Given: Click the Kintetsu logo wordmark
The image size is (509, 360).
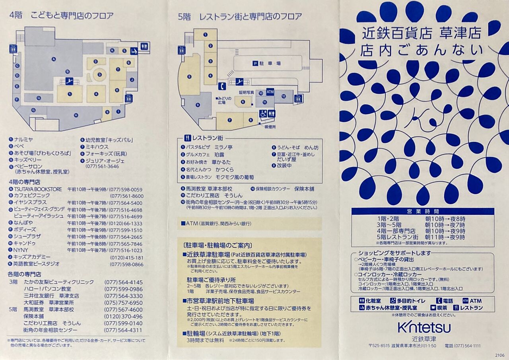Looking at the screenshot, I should coord(424,327).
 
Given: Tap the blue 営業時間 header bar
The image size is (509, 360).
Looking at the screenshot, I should coord(423,211).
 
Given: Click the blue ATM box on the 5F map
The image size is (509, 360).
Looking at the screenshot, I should coord(270,91).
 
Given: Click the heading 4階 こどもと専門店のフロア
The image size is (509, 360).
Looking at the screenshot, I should coord(61,16).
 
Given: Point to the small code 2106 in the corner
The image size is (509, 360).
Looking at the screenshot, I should coord(500,355).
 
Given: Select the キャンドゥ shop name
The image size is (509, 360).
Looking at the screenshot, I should coord(25,243).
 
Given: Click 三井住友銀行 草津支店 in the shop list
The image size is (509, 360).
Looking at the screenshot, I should coord(51,296).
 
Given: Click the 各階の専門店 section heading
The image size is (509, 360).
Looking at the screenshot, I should coord(24,274).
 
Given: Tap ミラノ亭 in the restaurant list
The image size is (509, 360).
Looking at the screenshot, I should coord(223,147).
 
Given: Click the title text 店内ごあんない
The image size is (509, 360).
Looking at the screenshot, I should coord(422,50).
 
